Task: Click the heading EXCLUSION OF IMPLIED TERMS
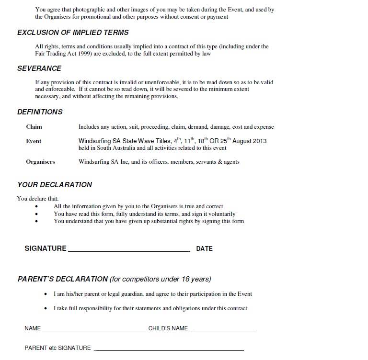pyautogui.click(x=73, y=33)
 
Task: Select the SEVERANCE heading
pyautogui.click(x=39, y=68)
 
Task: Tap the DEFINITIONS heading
pyautogui.click(x=40, y=112)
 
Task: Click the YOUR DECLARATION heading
pyautogui.click(x=55, y=185)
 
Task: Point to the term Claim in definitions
pyautogui.click(x=34, y=127)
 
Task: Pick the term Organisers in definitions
pyautogui.click(x=40, y=162)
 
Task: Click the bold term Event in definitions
pyautogui.click(x=34, y=141)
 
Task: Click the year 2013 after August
pyautogui.click(x=259, y=141)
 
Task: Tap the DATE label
pyautogui.click(x=204, y=249)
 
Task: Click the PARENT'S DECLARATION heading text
pyautogui.click(x=63, y=279)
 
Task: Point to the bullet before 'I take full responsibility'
pyautogui.click(x=46, y=309)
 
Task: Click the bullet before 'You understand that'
pyautogui.click(x=37, y=222)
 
